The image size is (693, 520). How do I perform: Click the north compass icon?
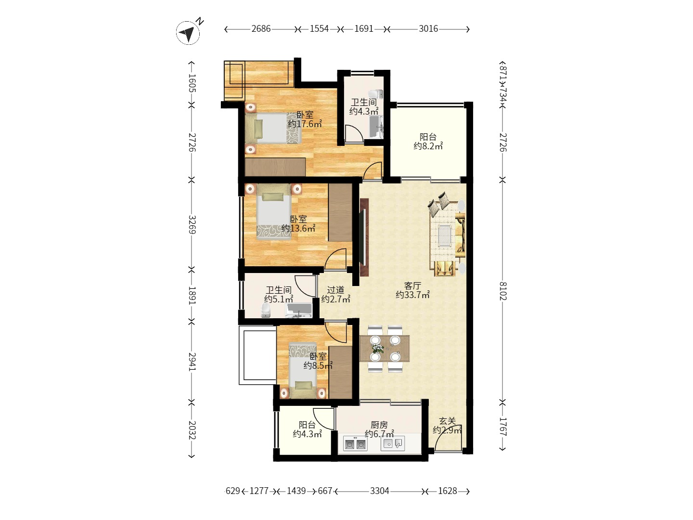(188, 33)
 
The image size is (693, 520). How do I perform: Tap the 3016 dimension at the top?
(428, 29)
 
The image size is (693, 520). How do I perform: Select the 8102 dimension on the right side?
(503, 291)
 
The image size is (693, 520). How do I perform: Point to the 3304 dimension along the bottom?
(380, 491)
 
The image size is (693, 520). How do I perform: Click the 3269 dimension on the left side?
(192, 224)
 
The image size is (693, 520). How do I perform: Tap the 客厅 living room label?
(412, 286)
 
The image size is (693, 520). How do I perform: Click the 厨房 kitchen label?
(379, 425)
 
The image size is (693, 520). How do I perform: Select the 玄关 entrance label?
(448, 421)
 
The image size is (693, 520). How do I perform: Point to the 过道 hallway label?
(335, 289)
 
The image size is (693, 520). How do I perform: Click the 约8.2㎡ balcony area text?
(428, 146)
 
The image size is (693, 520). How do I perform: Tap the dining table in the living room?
(385, 349)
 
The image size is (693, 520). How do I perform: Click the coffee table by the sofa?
(445, 235)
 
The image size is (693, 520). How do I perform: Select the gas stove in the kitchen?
(355, 444)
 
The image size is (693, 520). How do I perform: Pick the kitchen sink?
(392, 443)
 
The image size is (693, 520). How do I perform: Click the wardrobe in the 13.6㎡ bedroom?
(340, 212)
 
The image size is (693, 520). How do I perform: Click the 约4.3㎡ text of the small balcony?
(307, 434)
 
